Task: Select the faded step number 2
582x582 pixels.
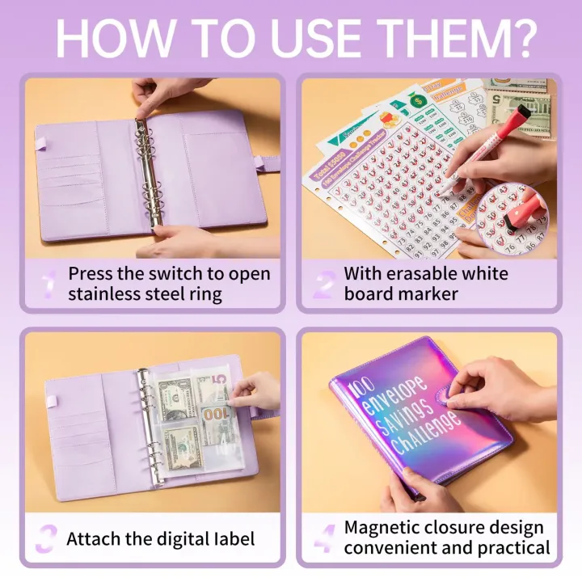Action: (324, 284)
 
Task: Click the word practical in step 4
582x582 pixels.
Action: (511, 549)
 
